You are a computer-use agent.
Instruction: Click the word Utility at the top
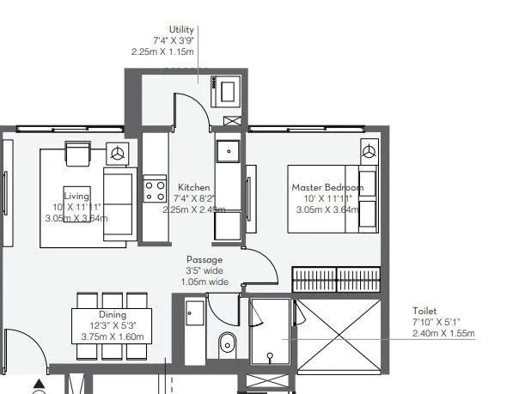point(182,28)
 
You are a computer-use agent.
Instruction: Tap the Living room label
point(76,194)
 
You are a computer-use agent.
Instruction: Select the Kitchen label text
point(193,187)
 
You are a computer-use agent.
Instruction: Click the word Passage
point(205,259)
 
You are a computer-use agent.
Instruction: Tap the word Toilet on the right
point(424,312)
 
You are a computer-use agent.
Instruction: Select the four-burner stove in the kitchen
point(155,190)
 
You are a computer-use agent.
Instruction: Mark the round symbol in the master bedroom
point(369,152)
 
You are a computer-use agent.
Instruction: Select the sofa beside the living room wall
point(118,204)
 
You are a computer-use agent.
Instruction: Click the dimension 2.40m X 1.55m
point(443,334)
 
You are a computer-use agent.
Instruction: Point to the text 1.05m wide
point(205,282)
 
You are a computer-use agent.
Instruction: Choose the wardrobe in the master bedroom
point(336,279)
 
